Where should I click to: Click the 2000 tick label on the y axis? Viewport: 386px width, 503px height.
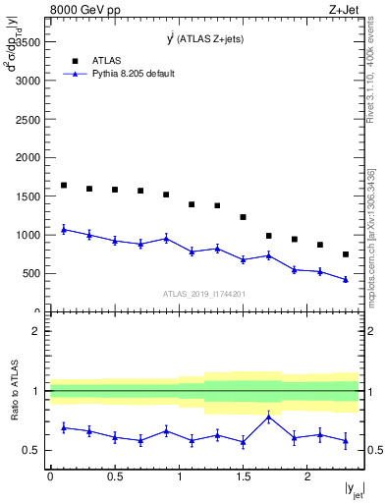point(27,157)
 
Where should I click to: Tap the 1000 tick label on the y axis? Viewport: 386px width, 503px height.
point(27,235)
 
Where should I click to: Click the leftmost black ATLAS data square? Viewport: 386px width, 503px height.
point(64,185)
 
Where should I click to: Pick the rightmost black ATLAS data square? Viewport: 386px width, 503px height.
point(346,254)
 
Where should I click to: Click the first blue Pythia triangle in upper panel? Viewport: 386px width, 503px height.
point(64,229)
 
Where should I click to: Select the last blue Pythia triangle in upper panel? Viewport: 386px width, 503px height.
point(346,279)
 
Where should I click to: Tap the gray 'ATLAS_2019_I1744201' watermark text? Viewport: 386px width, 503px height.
point(203,294)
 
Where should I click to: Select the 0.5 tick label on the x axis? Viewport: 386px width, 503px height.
point(114,476)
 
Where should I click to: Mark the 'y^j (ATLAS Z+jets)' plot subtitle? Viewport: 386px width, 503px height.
point(206,39)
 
